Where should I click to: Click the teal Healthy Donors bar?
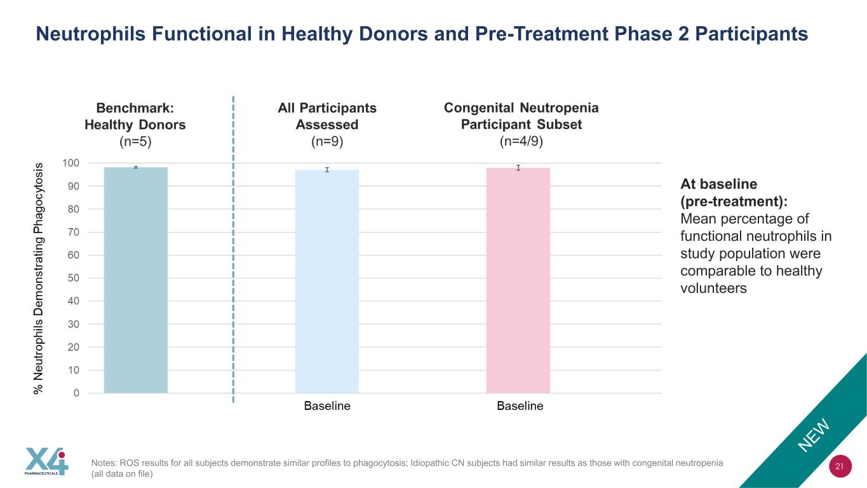(x=136, y=280)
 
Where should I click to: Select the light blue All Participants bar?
(x=327, y=281)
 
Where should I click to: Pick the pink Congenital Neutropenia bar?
(x=518, y=280)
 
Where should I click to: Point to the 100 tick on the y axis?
(x=71, y=163)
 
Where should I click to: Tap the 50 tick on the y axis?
(x=74, y=278)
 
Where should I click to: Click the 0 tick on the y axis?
(x=76, y=393)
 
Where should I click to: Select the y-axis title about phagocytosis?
(x=38, y=278)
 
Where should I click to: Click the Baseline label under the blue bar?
(x=327, y=406)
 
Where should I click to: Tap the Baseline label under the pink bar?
(x=520, y=406)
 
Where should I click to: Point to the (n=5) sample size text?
(x=135, y=141)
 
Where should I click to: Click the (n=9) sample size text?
(x=327, y=141)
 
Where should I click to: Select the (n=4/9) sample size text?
(x=521, y=141)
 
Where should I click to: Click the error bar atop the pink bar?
(x=518, y=168)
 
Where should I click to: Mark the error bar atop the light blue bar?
(x=327, y=170)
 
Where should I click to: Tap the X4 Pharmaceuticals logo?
(x=46, y=461)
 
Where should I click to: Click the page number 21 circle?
(x=840, y=466)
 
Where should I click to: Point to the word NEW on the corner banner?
(x=814, y=435)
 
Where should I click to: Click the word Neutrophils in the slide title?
(x=91, y=34)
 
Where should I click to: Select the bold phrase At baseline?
(x=719, y=184)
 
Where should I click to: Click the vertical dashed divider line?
(x=233, y=250)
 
